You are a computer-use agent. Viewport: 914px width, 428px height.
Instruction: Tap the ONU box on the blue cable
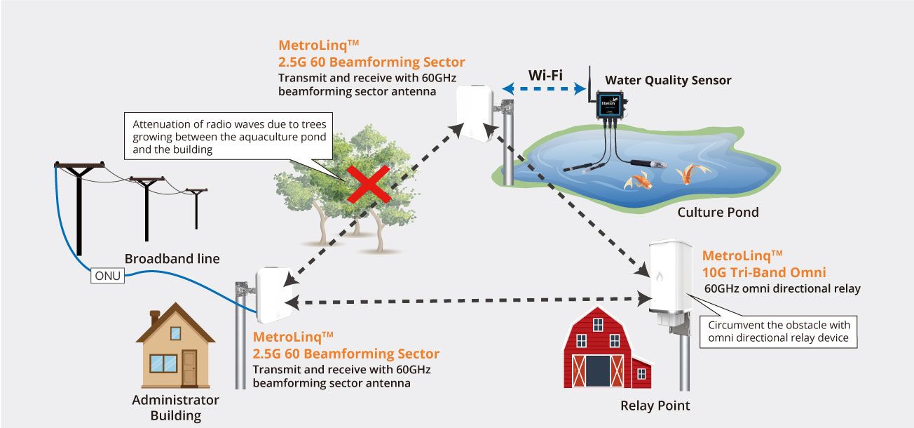[x=108, y=276]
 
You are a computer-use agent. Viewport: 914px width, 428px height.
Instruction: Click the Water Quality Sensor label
[x=667, y=80]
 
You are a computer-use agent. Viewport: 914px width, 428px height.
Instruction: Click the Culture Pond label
[x=718, y=212]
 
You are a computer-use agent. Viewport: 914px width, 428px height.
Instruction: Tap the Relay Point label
[x=655, y=406]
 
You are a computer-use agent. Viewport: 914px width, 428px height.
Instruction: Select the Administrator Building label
[x=175, y=408]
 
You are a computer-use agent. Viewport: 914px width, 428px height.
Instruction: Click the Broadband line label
[x=172, y=259]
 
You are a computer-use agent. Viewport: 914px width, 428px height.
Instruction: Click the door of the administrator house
[x=189, y=368]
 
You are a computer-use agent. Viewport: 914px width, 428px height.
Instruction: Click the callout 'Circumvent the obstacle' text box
[x=779, y=331]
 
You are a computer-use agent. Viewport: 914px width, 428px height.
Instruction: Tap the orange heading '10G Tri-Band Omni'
[x=763, y=272]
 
